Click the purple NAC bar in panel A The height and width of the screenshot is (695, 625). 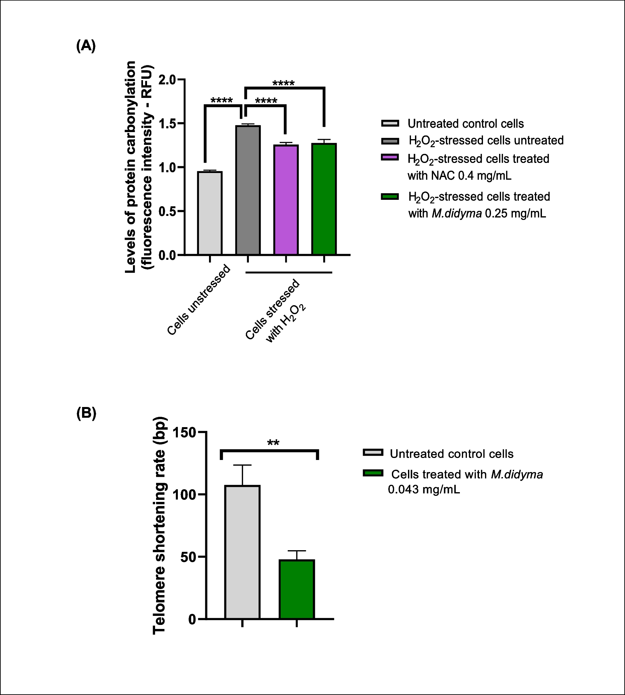click(286, 200)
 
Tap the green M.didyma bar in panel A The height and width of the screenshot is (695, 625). click(324, 199)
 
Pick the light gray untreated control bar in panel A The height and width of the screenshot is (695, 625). click(209, 213)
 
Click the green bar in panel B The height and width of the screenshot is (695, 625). click(297, 589)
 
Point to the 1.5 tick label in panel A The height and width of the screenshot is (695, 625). click(167, 123)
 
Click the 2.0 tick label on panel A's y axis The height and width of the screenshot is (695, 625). click(167, 80)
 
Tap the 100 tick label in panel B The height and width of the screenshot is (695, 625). click(184, 495)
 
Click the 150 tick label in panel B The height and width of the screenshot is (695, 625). click(184, 432)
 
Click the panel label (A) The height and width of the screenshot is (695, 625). click(85, 45)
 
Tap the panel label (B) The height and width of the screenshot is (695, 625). click(86, 413)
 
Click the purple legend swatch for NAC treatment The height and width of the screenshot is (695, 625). click(390, 158)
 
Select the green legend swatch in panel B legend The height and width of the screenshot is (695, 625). click(372, 473)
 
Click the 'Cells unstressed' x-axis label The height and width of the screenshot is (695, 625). click(199, 300)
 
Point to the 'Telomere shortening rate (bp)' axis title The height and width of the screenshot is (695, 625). click(159, 526)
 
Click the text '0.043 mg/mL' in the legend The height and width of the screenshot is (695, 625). click(423, 489)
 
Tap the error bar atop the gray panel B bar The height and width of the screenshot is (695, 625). click(242, 475)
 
